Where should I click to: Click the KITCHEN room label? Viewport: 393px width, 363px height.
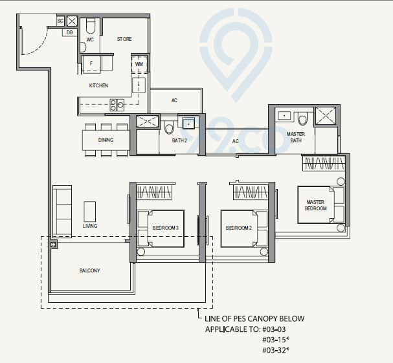[x=98, y=85]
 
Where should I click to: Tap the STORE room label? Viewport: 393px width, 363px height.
[x=124, y=39]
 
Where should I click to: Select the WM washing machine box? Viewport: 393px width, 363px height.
[x=139, y=64]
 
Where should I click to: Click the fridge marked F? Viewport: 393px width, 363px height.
[x=91, y=63]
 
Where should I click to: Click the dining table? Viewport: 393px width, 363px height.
[x=106, y=140]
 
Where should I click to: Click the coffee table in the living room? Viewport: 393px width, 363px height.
[x=89, y=211]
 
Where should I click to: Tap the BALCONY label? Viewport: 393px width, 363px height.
[x=90, y=270]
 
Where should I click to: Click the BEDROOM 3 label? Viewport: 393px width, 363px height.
[x=165, y=228]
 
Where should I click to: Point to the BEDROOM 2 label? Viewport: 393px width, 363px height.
[x=238, y=228]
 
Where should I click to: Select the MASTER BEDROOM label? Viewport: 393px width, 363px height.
[x=315, y=205]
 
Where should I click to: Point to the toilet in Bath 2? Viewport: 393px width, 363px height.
[x=170, y=126]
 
